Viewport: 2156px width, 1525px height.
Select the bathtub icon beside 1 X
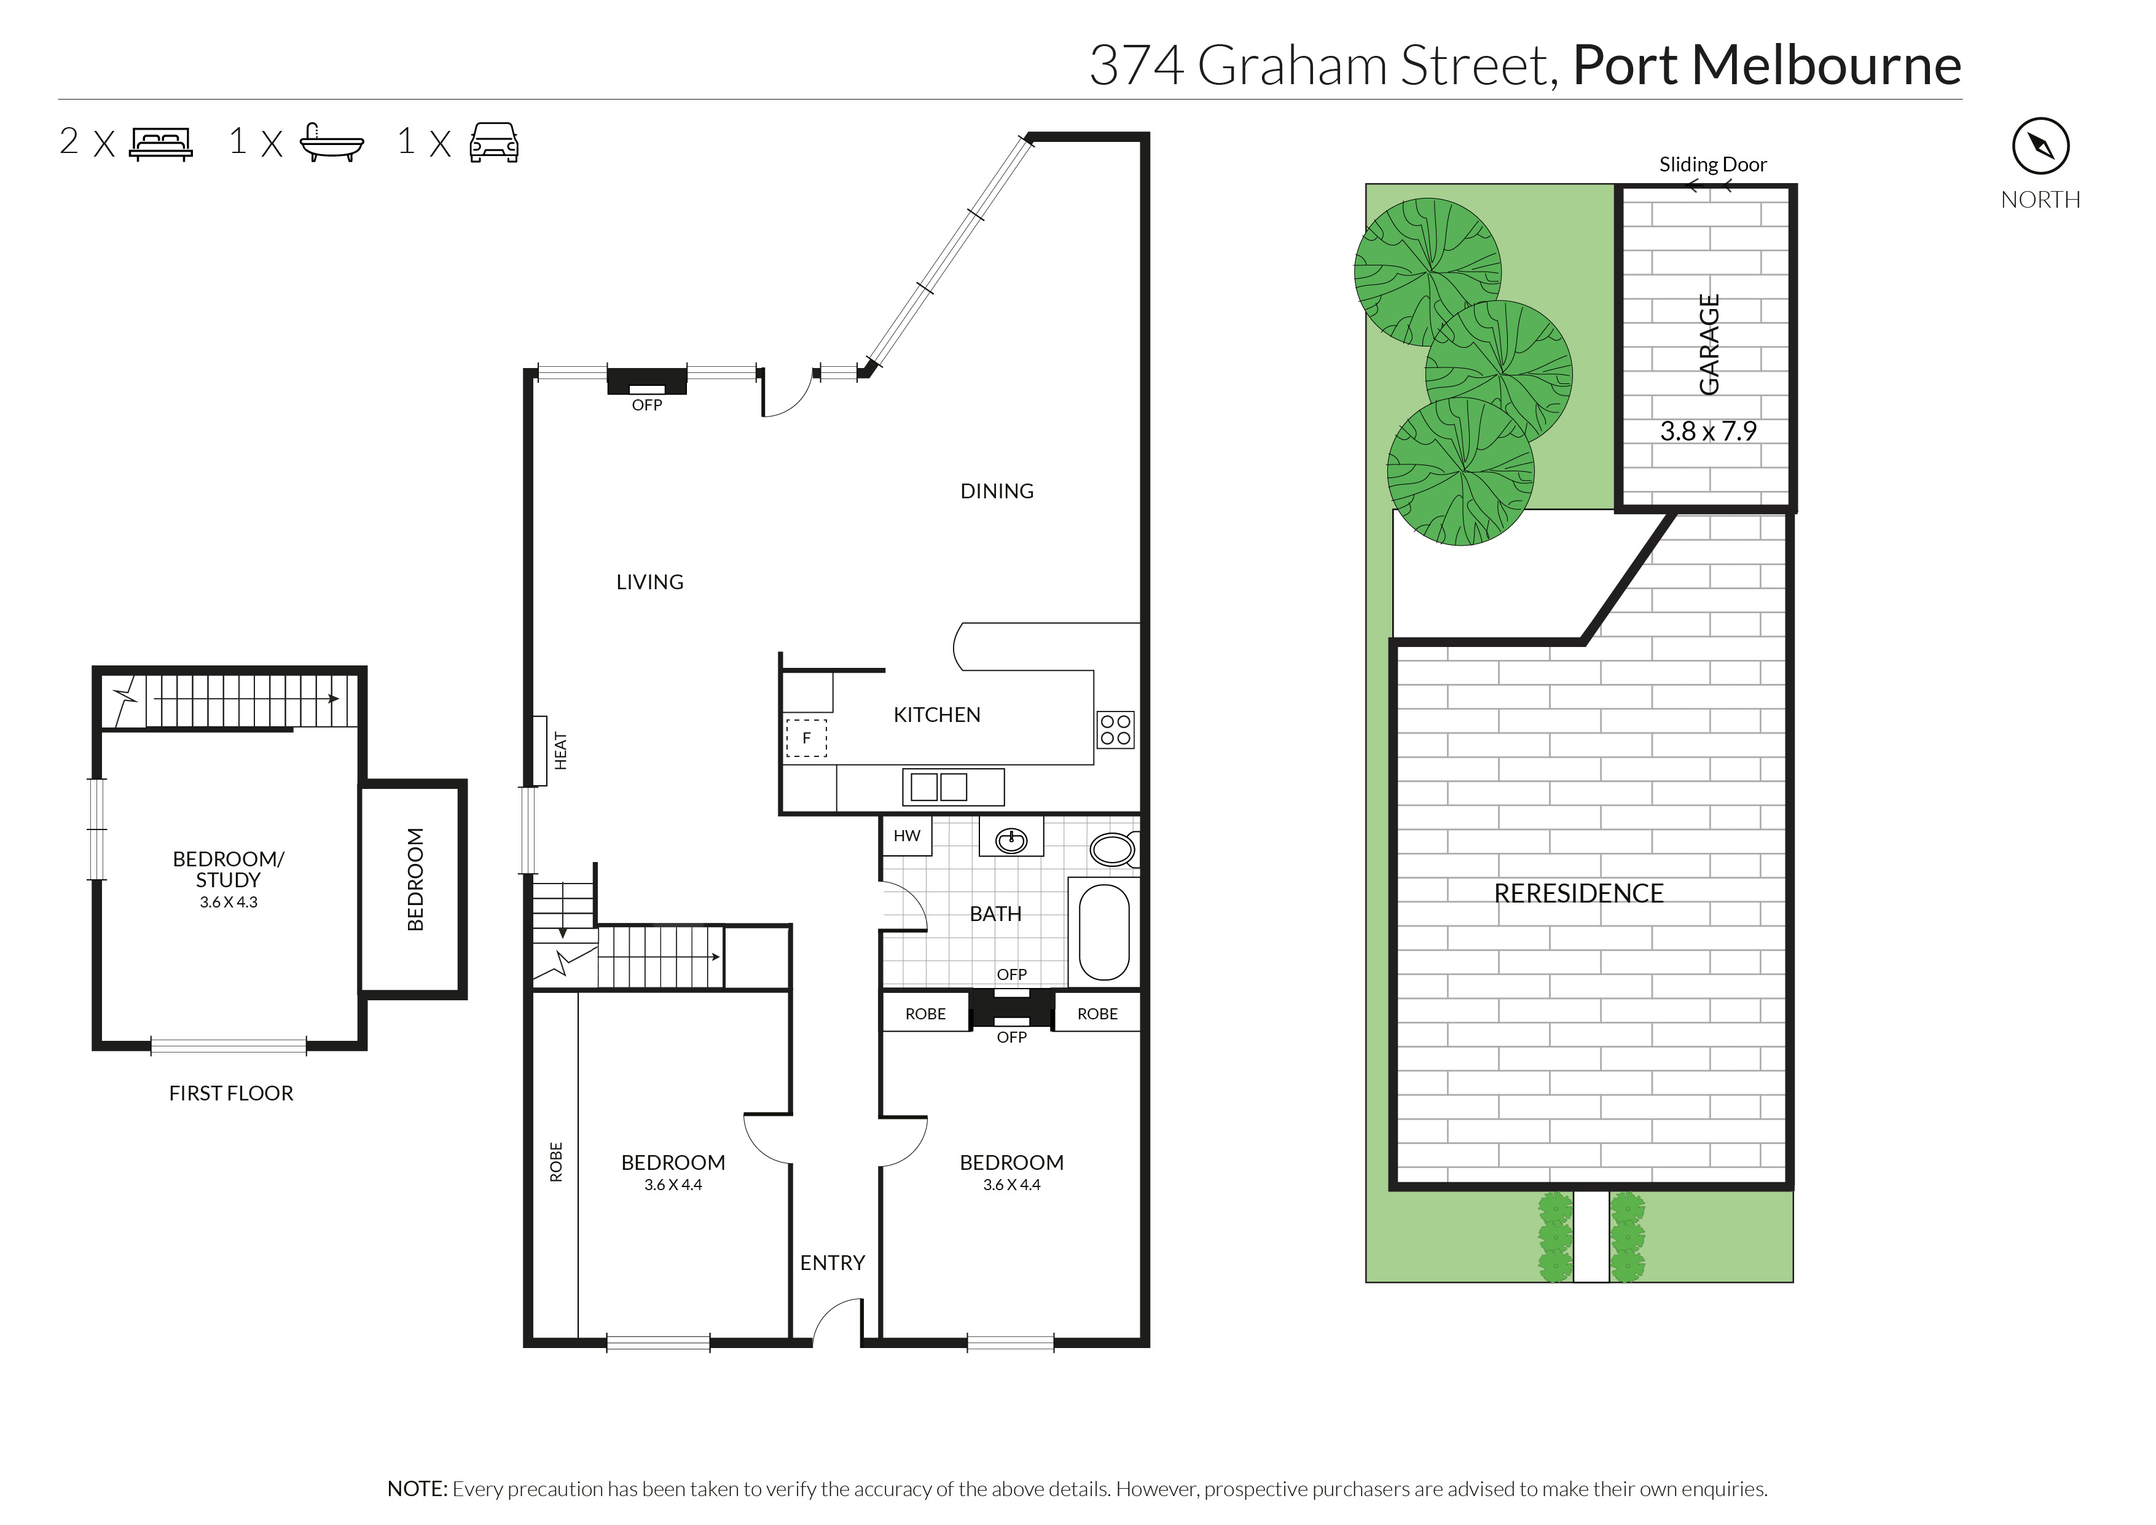pyautogui.click(x=331, y=143)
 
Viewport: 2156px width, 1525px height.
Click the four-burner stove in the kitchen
pyautogui.click(x=1116, y=730)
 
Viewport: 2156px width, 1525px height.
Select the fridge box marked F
pyautogui.click(x=806, y=738)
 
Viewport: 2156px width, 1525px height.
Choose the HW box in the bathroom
pyautogui.click(x=907, y=836)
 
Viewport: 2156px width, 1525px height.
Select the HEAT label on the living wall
pyautogui.click(x=560, y=751)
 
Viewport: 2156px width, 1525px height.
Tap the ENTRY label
pyautogui.click(x=832, y=1263)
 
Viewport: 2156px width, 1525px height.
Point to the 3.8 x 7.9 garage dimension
pyautogui.click(x=1708, y=431)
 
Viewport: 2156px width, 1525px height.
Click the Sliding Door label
pyautogui.click(x=1713, y=164)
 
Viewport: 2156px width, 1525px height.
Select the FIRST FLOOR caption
pyautogui.click(x=231, y=1093)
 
